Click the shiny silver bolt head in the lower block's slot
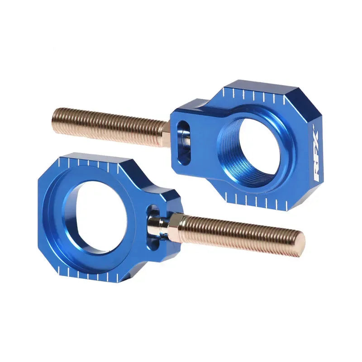[x=156, y=223]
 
